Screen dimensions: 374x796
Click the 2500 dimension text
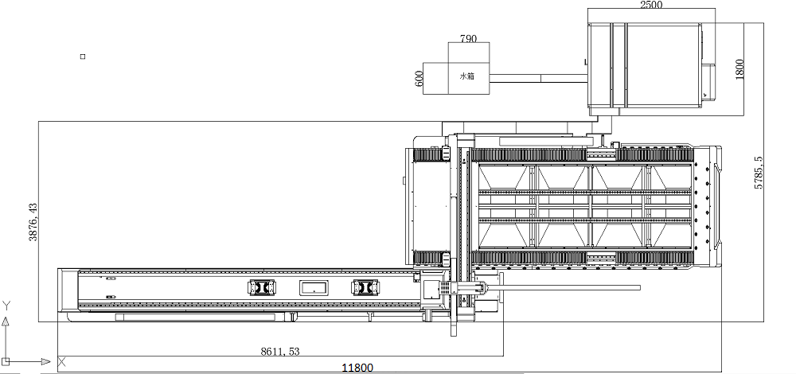651,5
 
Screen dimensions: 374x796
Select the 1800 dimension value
739,68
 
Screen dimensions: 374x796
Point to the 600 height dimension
418,78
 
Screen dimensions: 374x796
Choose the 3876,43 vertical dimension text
33,222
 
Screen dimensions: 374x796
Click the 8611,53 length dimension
280,351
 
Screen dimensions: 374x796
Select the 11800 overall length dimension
357,367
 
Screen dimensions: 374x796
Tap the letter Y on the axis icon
6,306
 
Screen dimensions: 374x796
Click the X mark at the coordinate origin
61,362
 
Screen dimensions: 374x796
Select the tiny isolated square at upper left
82,56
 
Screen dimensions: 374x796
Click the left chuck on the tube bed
260,288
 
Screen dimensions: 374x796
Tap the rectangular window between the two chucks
313,288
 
